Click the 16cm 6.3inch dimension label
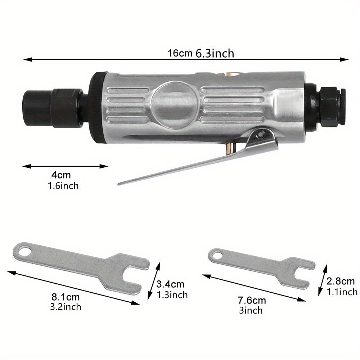(x=201, y=54)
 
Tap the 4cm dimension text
(x=61, y=175)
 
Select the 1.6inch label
(x=63, y=186)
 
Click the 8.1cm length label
(x=66, y=297)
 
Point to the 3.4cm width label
(x=170, y=284)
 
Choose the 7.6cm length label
(x=252, y=300)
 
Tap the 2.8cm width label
(x=341, y=281)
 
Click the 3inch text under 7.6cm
(x=251, y=310)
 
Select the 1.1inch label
(x=342, y=292)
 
